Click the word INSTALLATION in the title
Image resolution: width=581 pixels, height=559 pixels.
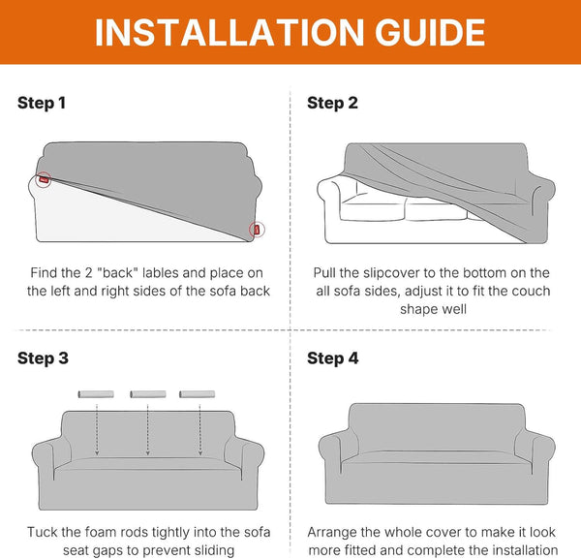point(229,33)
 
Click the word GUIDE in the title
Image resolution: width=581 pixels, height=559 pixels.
point(430,33)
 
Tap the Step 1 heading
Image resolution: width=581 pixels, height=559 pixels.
point(42,103)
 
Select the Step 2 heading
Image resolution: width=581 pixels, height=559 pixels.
point(332,103)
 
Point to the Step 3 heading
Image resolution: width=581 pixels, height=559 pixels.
point(43,358)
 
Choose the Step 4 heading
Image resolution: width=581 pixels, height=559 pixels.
point(333,358)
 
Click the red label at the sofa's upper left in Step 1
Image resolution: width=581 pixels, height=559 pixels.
point(44,180)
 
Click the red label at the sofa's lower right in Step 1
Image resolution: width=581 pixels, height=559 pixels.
point(257,230)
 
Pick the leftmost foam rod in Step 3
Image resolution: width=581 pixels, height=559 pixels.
point(96,394)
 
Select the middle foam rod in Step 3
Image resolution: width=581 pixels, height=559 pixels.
point(148,394)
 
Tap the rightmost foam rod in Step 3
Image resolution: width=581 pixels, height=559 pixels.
point(198,394)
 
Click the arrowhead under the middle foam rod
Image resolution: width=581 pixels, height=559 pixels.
point(148,452)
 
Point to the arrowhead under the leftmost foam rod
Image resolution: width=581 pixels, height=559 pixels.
point(97,452)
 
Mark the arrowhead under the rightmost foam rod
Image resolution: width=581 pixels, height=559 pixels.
point(200,452)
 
